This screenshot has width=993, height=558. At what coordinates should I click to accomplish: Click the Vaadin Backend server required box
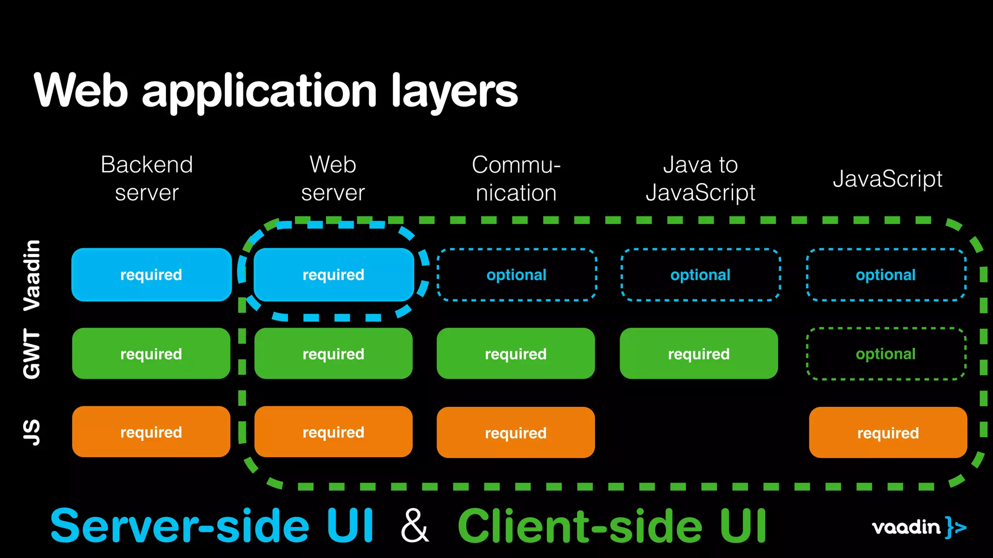tap(151, 275)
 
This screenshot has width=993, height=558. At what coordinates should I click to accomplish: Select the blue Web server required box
tap(334, 275)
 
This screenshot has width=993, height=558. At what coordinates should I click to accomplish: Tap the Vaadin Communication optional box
tap(516, 275)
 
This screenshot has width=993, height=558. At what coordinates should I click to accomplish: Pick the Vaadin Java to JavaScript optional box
tap(700, 275)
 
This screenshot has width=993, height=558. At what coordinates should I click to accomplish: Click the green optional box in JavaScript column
tap(886, 354)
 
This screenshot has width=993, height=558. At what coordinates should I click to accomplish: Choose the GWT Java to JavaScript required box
tap(699, 354)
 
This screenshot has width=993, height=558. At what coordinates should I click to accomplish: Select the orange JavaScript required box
tap(888, 433)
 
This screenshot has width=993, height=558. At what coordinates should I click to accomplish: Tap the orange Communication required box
tap(515, 433)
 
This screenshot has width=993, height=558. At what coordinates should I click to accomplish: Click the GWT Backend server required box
tap(151, 354)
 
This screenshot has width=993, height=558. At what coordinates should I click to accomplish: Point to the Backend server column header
tap(147, 178)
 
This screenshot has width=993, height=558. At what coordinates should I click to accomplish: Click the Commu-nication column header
tap(516, 178)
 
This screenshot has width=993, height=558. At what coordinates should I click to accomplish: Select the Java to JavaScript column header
tap(700, 178)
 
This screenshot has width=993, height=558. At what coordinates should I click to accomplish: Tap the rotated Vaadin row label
tap(32, 275)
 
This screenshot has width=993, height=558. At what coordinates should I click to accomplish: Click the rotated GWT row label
tap(32, 354)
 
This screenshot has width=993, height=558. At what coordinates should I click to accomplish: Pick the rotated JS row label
tap(32, 432)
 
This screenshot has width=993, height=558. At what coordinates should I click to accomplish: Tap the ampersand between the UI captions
tap(415, 526)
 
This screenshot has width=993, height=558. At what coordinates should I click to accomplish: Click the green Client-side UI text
tap(612, 526)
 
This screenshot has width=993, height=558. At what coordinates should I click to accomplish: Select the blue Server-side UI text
tap(212, 526)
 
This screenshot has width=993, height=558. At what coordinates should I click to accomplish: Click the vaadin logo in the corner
tap(918, 527)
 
